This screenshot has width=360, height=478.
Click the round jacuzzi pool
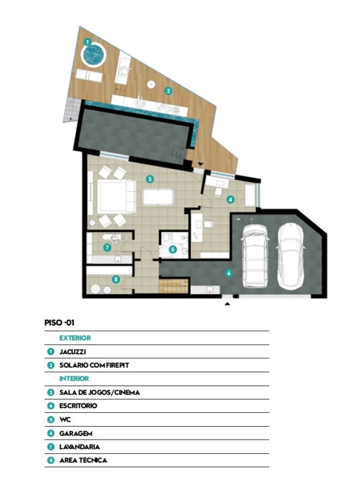click(94, 55)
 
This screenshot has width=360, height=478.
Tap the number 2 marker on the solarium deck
click(168, 90)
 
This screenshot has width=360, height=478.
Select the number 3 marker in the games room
click(150, 179)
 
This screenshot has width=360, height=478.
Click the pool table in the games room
click(158, 197)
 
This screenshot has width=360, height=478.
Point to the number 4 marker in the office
click(230, 200)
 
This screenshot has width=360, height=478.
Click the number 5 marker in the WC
click(173, 250)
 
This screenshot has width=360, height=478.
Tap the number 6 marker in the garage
click(229, 273)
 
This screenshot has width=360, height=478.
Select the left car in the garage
click(255, 256)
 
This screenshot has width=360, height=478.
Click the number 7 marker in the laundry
click(107, 247)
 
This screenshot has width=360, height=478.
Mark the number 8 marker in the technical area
click(116, 279)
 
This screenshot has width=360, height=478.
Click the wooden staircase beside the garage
click(173, 286)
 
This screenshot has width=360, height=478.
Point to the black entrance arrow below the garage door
click(227, 303)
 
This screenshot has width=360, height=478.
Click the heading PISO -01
click(59, 323)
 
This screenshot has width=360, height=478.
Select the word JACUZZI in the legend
click(72, 351)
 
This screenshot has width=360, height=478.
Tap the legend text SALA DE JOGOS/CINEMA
click(100, 392)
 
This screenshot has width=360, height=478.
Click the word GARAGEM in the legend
click(76, 433)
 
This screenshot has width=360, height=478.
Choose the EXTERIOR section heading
click(75, 338)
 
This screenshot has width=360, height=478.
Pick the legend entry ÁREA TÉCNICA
click(83, 460)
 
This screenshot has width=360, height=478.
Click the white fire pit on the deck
click(151, 84)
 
